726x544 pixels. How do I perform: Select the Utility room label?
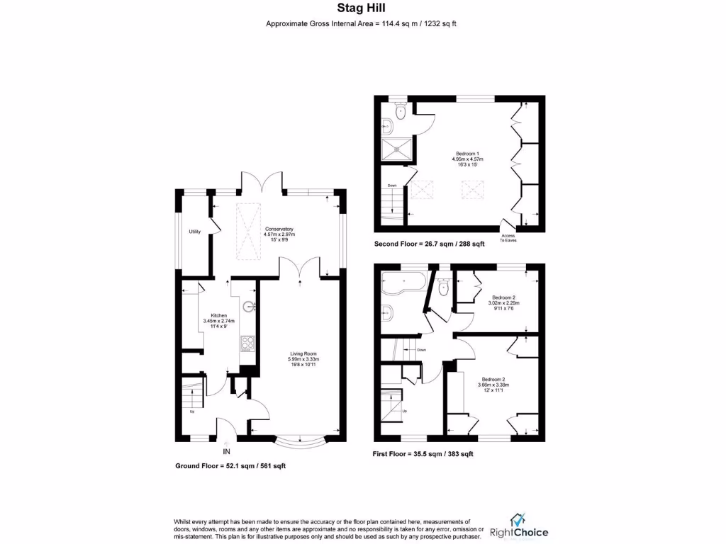click(194, 232)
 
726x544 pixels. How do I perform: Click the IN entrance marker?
click(227, 451)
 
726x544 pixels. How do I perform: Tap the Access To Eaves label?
click(509, 238)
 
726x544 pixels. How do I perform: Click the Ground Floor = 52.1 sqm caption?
click(230, 466)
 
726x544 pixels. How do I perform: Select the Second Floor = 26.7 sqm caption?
click(429, 244)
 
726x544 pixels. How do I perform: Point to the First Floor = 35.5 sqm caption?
click(423, 454)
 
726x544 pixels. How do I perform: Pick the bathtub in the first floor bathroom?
click(402, 286)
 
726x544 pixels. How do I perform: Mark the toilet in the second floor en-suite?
click(400, 108)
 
